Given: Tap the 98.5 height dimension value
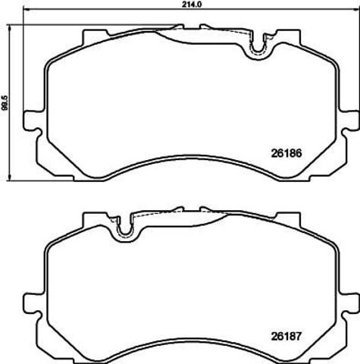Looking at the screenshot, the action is pyautogui.click(x=5, y=103).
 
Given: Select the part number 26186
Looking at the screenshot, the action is pyautogui.click(x=286, y=153).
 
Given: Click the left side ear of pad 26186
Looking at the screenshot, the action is pyautogui.click(x=33, y=121).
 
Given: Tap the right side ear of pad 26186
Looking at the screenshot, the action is pyautogui.click(x=350, y=121).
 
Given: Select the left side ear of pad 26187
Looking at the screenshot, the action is pyautogui.click(x=33, y=303).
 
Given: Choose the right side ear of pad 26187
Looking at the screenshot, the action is pyautogui.click(x=350, y=303).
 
